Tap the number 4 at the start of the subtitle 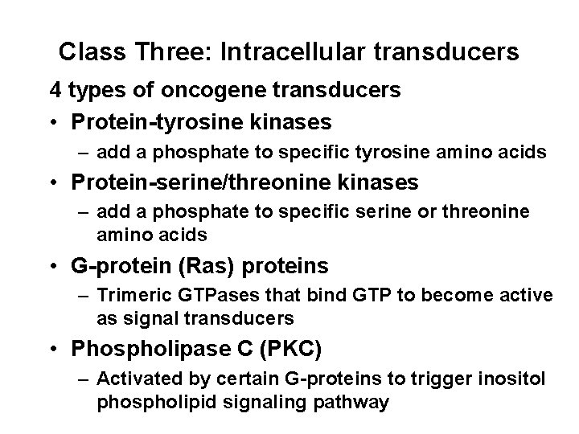[x=55, y=91]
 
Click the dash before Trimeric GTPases [x=84, y=296]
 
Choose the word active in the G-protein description [x=528, y=295]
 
